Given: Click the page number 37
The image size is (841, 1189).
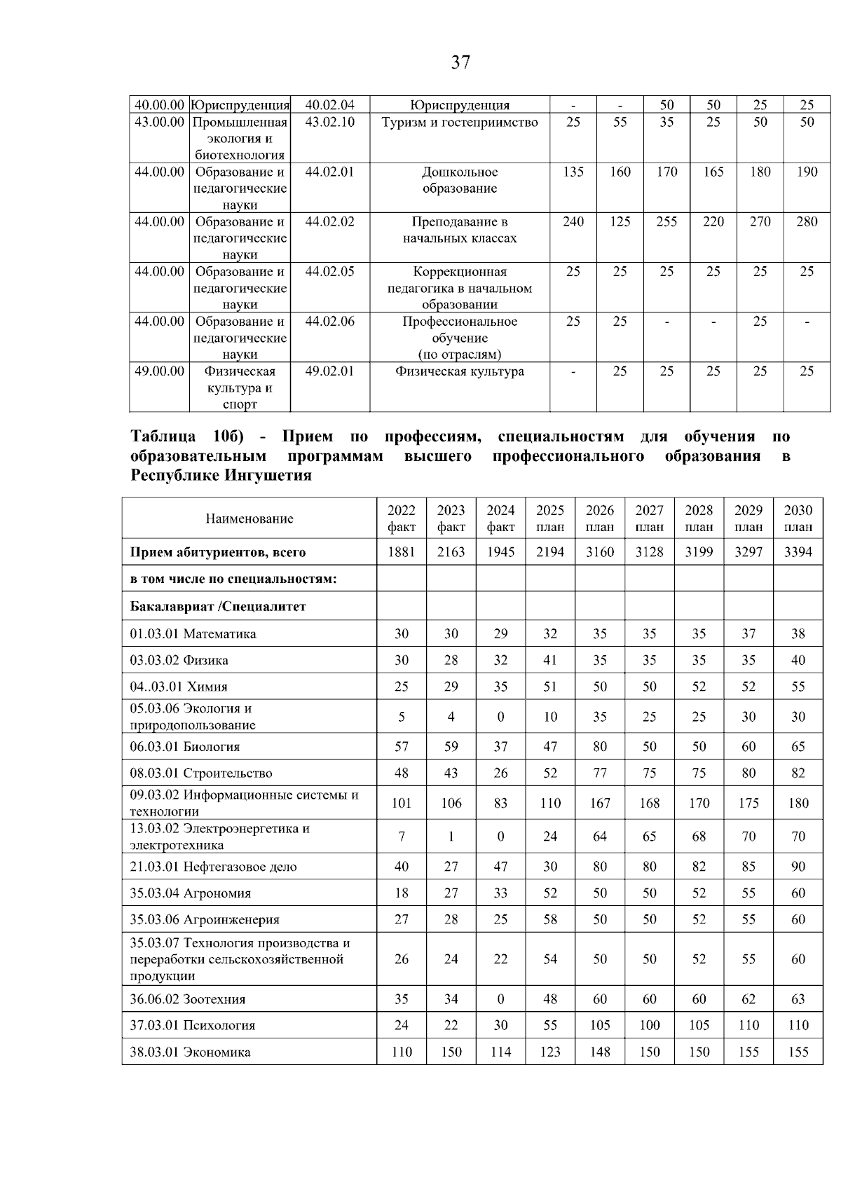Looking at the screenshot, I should coord(460,62).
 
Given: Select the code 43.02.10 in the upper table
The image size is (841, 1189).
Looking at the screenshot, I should coord(330,122).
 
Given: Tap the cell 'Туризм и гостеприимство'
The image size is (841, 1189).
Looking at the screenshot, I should coord(460,122).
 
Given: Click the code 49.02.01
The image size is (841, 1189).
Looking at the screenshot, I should coord(330,371).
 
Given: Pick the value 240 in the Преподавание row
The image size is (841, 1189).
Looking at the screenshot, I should coord(573,221).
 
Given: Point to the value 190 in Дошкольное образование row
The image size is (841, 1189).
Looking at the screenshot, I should coord(807,172).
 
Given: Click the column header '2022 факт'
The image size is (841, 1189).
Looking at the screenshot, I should coord(402,518).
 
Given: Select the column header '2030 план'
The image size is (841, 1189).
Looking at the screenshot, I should coord(798,518).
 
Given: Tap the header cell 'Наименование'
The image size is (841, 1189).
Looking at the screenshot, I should coord(249,518).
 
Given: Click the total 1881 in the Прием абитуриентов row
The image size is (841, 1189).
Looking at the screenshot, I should coord(402,552).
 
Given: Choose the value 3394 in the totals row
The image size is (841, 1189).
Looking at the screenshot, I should coord(798,552).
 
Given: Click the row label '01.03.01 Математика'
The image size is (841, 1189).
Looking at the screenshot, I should coord(193,634).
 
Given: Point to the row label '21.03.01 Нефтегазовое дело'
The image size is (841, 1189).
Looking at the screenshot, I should coord(213,867).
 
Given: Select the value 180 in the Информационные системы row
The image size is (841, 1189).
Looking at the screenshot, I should coord(798,803).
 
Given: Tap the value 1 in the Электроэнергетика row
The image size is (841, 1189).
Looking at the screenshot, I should coord(451,837).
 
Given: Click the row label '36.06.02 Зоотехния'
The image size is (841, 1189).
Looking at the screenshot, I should coord(187,999).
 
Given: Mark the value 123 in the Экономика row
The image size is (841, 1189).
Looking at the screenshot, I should coord(550,1052).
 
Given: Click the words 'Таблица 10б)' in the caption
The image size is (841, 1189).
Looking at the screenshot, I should coord(186,437).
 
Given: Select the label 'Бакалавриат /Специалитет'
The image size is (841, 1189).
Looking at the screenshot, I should coord(218,607).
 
